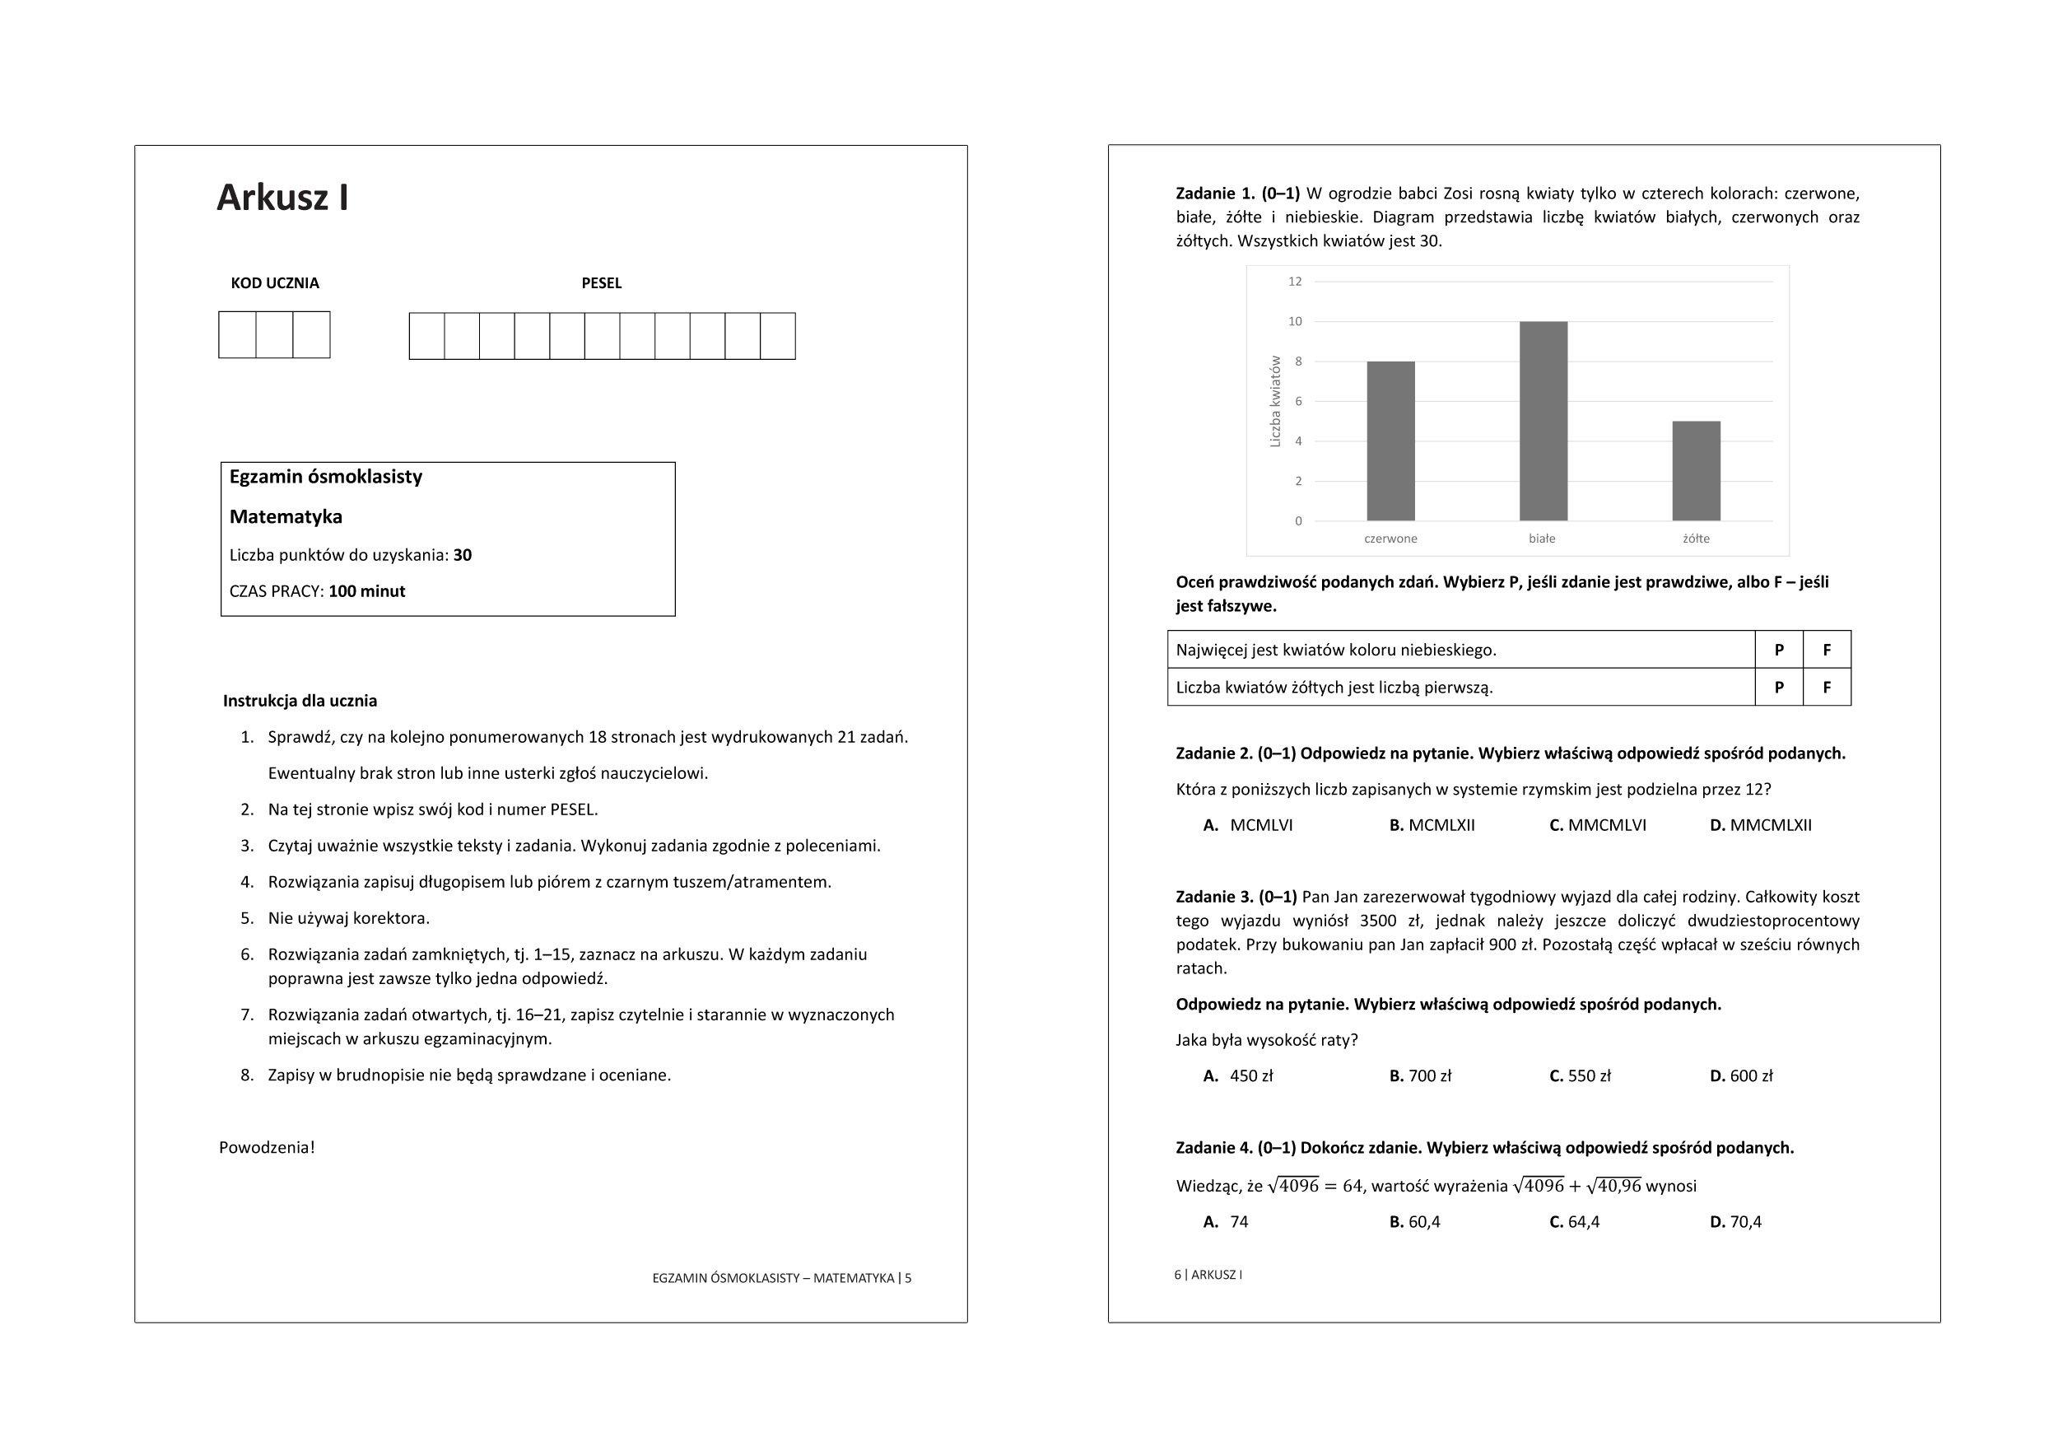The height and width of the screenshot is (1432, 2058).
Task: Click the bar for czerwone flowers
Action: [x=1390, y=441]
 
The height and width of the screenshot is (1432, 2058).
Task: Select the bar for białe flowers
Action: [x=1543, y=421]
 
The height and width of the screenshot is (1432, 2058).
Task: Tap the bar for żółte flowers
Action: [x=1696, y=471]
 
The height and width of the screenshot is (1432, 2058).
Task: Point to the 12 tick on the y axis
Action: [x=1294, y=282]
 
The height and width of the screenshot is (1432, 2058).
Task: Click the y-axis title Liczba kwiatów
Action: [x=1275, y=401]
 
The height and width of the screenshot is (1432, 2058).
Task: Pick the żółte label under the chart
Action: [x=1696, y=539]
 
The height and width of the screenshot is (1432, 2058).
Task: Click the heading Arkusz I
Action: [x=282, y=198]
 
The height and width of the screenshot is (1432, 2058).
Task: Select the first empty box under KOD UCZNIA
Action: [x=238, y=334]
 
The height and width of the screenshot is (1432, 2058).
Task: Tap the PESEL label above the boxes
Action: [x=602, y=283]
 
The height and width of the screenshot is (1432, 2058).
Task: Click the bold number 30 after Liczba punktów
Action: [x=463, y=555]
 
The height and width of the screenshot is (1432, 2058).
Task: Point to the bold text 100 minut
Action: [x=366, y=592]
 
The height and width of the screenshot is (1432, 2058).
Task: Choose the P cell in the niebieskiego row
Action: [x=1779, y=650]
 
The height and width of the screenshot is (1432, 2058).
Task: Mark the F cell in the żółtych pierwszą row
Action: [x=1827, y=688]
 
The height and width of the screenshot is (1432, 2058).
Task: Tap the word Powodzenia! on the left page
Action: [x=267, y=1148]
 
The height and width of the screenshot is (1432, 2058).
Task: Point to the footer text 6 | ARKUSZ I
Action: [x=1208, y=1275]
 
